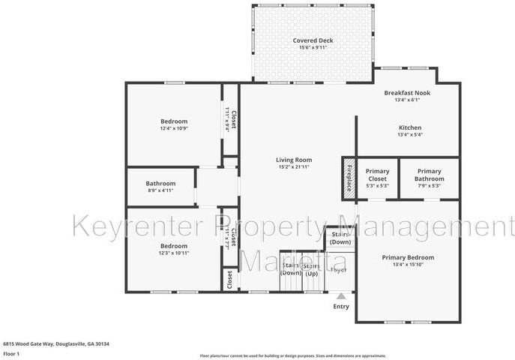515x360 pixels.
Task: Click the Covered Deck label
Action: coord(313,40)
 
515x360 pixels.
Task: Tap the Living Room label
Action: coord(293,160)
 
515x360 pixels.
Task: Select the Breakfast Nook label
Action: coord(407,92)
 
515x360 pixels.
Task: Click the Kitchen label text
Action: coord(409,127)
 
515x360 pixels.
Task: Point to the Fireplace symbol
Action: coord(348,178)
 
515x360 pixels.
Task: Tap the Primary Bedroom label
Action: coord(408,257)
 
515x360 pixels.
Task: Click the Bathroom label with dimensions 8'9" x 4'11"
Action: coord(160,184)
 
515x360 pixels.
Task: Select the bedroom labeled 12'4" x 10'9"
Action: coord(174,121)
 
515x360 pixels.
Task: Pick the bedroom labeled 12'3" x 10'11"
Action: coord(174,245)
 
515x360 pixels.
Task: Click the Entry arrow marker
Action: coord(340,296)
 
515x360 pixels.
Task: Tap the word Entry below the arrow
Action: coord(340,306)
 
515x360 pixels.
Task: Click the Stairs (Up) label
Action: coord(311,269)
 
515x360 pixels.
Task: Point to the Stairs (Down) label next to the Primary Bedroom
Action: coord(340,238)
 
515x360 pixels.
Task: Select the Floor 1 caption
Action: coord(12,352)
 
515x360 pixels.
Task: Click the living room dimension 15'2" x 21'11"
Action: coord(293,166)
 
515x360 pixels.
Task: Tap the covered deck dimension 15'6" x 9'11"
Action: coord(313,48)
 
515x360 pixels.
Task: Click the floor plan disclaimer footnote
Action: coord(292,355)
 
